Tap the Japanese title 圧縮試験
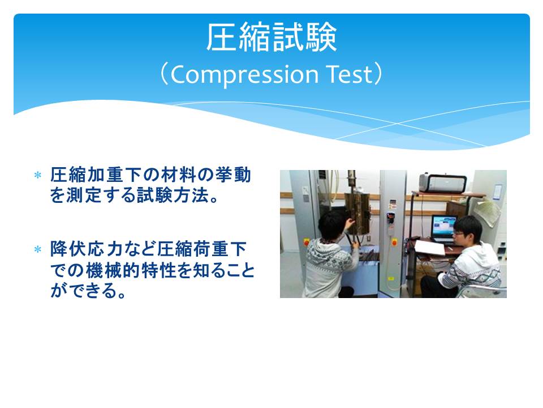coord(271,37)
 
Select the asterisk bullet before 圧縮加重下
coord(38,175)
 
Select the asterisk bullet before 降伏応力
coord(38,249)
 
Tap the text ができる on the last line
coord(83,290)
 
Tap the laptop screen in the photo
coord(444,225)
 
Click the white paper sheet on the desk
coord(429,248)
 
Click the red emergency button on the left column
coord(306,242)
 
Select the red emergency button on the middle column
coord(394,242)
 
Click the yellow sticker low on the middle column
coord(391,278)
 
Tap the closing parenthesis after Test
coord(378,74)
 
